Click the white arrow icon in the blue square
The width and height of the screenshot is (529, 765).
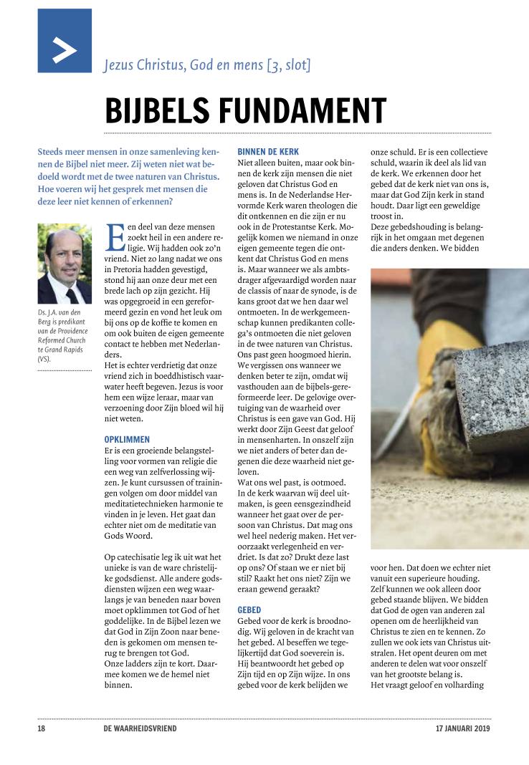65,51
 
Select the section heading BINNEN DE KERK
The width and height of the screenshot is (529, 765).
268,151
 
